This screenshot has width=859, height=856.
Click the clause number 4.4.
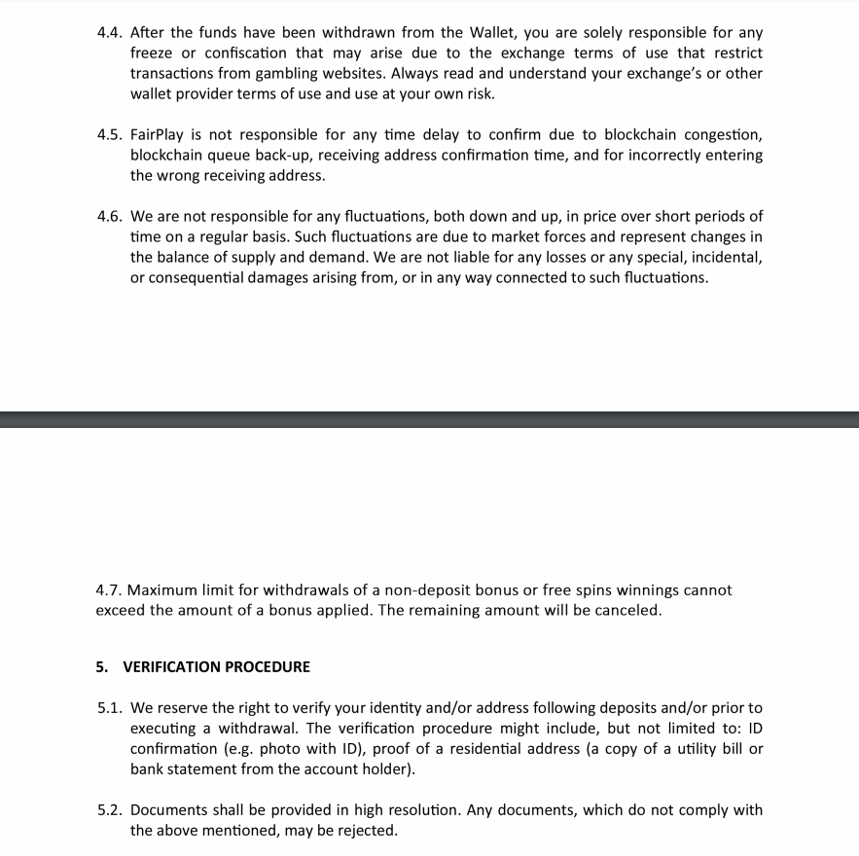[x=110, y=33]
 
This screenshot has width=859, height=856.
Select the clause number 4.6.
[x=110, y=216]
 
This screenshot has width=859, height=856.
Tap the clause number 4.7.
[x=110, y=590]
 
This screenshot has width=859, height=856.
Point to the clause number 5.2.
[x=110, y=810]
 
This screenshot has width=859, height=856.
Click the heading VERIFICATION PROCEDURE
[x=216, y=667]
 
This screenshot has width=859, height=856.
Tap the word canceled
[x=627, y=611]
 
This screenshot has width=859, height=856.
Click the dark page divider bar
[x=429, y=419]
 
